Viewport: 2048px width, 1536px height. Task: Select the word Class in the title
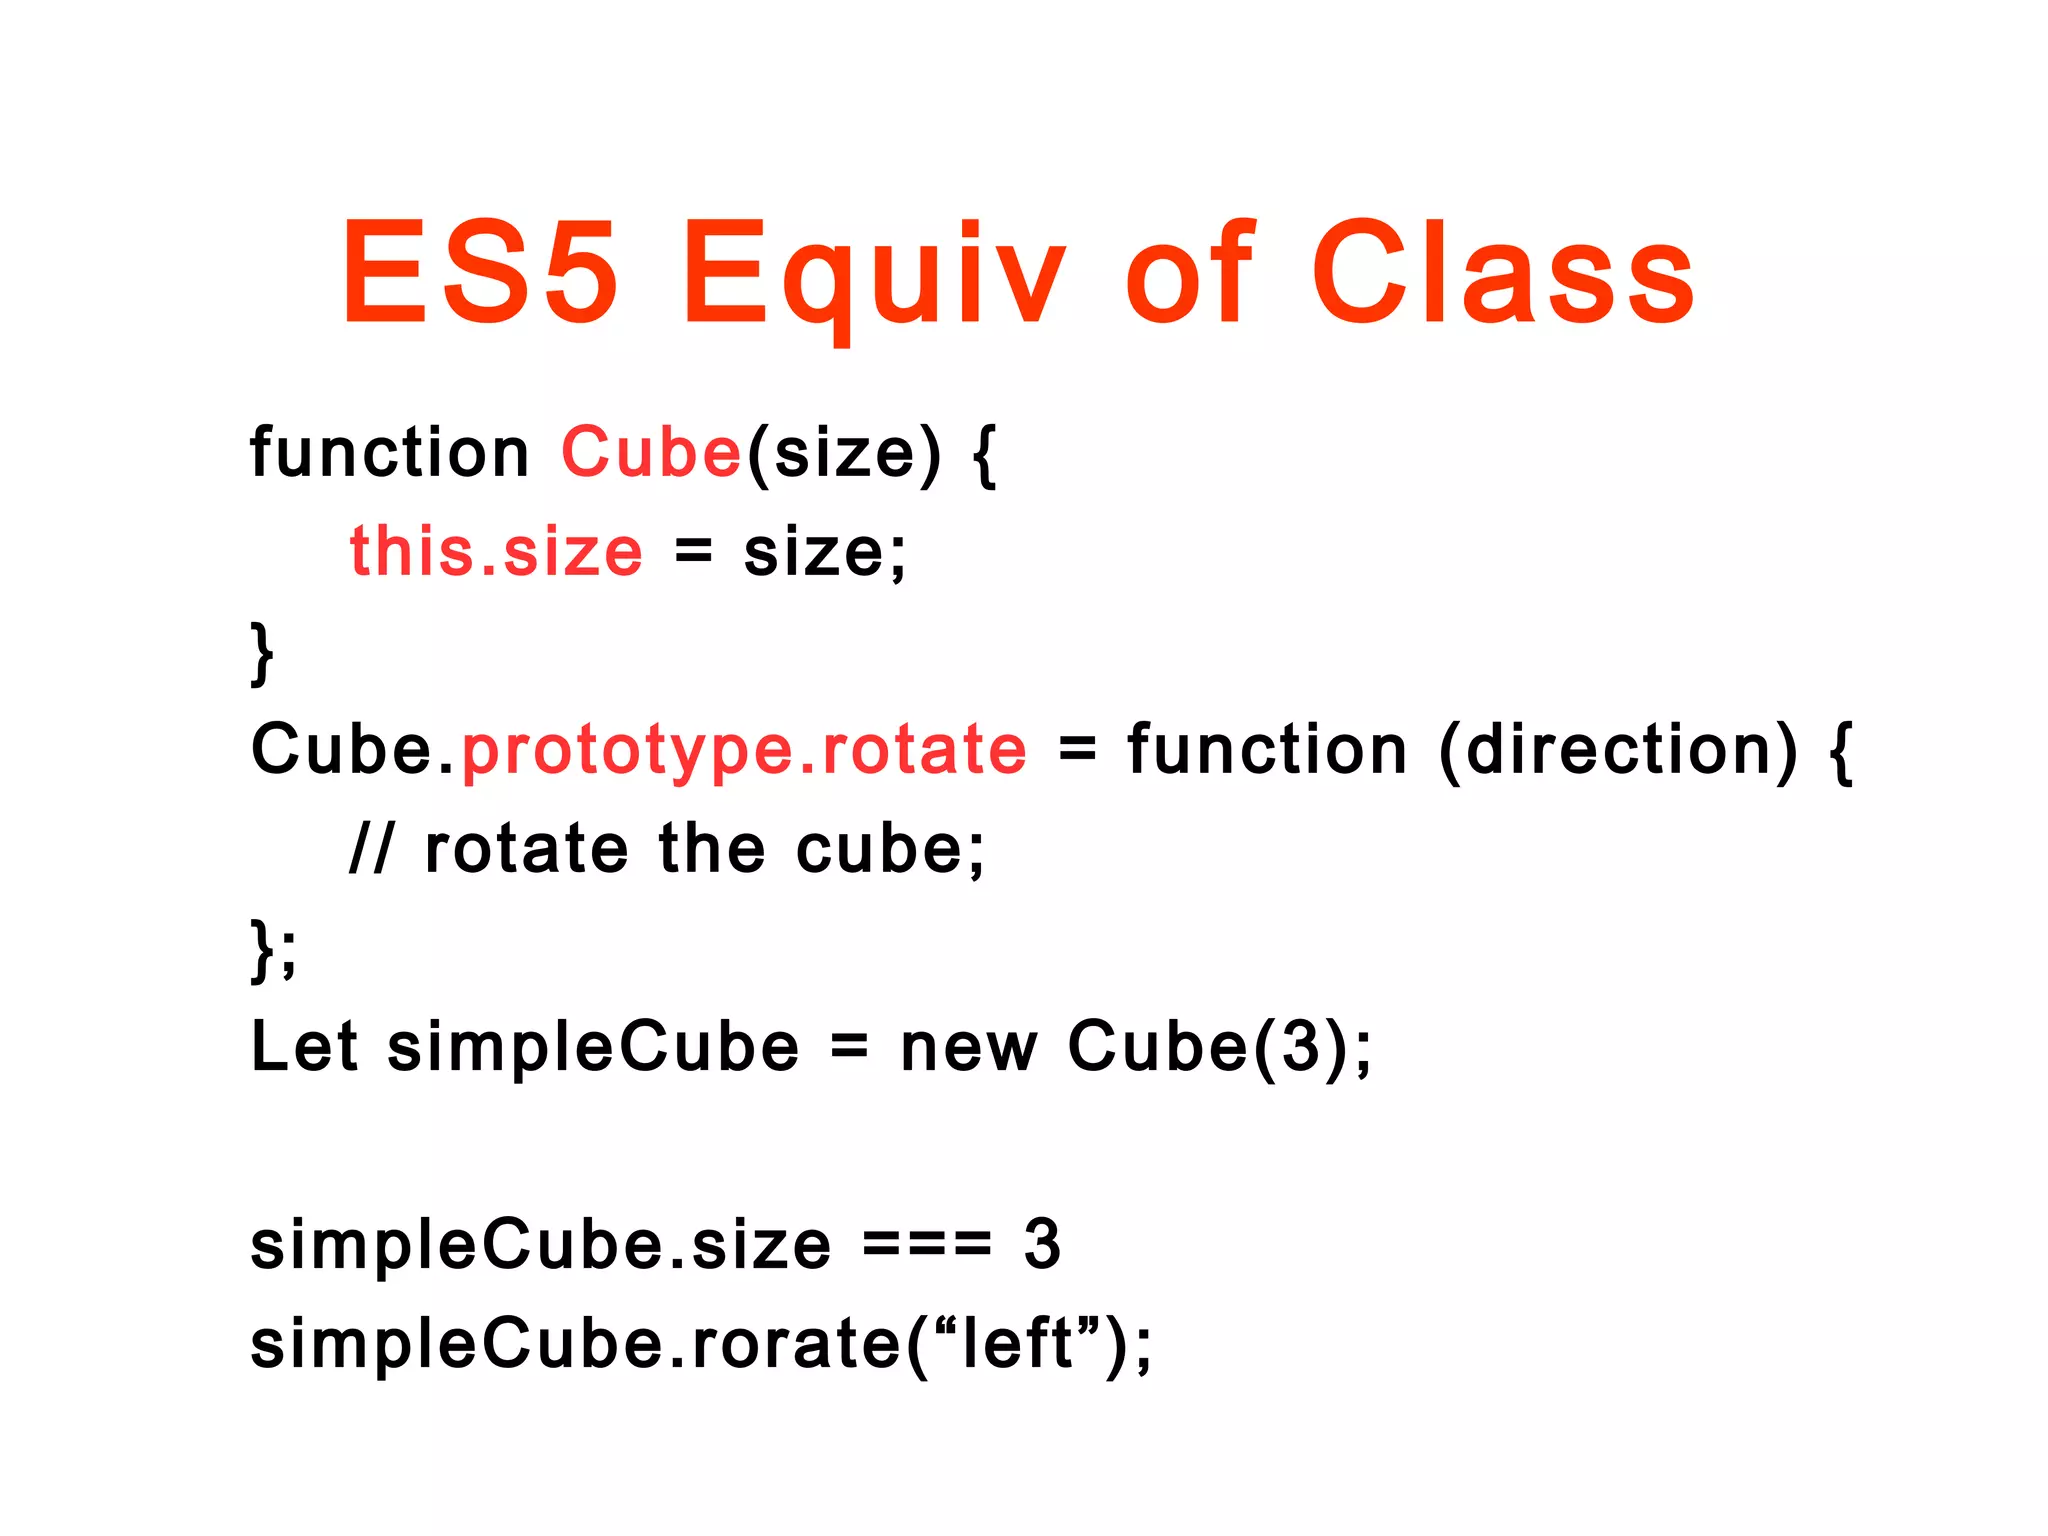click(x=1502, y=272)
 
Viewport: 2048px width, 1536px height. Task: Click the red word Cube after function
click(x=651, y=452)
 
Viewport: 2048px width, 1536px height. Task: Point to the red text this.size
click(x=496, y=552)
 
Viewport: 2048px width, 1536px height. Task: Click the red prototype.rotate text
click(x=744, y=750)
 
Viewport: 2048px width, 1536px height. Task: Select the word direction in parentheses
click(x=1617, y=750)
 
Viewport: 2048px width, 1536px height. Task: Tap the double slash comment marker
click(x=372, y=850)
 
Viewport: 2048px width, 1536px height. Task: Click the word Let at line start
click(x=303, y=1047)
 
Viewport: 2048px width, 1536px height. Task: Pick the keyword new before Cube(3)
click(x=968, y=1047)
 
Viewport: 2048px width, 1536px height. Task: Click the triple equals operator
click(x=926, y=1245)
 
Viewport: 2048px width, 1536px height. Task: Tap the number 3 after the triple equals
click(x=1041, y=1245)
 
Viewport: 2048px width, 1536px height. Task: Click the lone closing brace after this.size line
click(x=262, y=653)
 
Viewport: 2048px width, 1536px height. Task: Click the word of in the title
click(x=1188, y=272)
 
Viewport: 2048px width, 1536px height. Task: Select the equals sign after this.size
click(x=692, y=552)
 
